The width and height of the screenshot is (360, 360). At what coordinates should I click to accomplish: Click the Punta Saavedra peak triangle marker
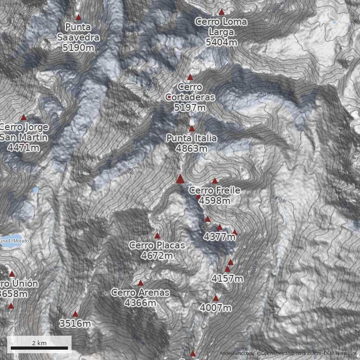[x=78, y=18]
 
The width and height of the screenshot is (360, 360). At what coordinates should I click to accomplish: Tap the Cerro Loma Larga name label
[x=221, y=27]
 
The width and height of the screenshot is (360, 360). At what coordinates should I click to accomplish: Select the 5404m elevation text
[x=221, y=42]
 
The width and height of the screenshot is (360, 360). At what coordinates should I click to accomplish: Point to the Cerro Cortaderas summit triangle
[x=190, y=77]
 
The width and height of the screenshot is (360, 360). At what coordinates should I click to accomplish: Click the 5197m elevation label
[x=189, y=108]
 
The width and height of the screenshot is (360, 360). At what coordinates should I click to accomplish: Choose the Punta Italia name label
[x=191, y=138]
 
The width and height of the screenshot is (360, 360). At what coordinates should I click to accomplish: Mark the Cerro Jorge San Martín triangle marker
[x=24, y=117]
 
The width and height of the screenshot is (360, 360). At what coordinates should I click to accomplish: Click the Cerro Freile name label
[x=215, y=190]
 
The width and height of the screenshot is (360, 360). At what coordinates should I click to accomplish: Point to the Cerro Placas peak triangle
[x=157, y=235]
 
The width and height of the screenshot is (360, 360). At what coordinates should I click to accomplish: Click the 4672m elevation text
[x=157, y=256]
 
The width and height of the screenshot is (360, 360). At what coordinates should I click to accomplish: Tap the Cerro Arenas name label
[x=140, y=292]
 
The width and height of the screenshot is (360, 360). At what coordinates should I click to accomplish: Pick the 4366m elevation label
[x=140, y=303]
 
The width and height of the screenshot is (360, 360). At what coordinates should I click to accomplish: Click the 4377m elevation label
[x=220, y=236]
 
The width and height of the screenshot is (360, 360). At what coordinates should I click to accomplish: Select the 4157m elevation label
[x=227, y=279]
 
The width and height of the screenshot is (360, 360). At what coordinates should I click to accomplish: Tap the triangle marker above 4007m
[x=216, y=298]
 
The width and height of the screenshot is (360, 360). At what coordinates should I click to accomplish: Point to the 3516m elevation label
[x=75, y=324]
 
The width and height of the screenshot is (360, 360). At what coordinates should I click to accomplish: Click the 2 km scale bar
[x=39, y=348]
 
